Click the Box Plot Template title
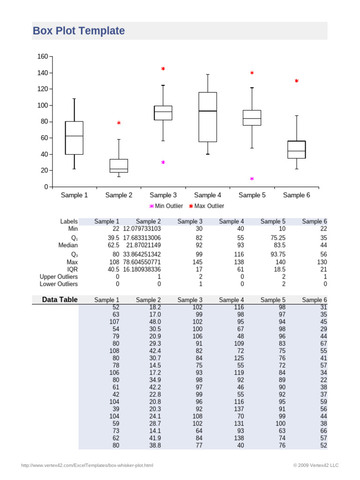coord(79,31)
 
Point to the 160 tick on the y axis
coord(42,57)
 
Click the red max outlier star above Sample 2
coord(119,123)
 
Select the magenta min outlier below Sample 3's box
coord(163,163)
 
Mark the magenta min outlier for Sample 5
coord(252,179)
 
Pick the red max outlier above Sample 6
coord(296,82)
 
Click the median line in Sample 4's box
coord(208,111)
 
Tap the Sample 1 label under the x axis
coord(74,195)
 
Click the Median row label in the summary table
coord(68,245)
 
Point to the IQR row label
coord(72,270)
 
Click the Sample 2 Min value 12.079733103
coord(142,229)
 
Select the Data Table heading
coord(60,300)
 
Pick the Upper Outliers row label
coord(59,277)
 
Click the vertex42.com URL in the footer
coord(87,465)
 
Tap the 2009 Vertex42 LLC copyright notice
coord(315,465)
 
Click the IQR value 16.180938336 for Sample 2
coord(142,270)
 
